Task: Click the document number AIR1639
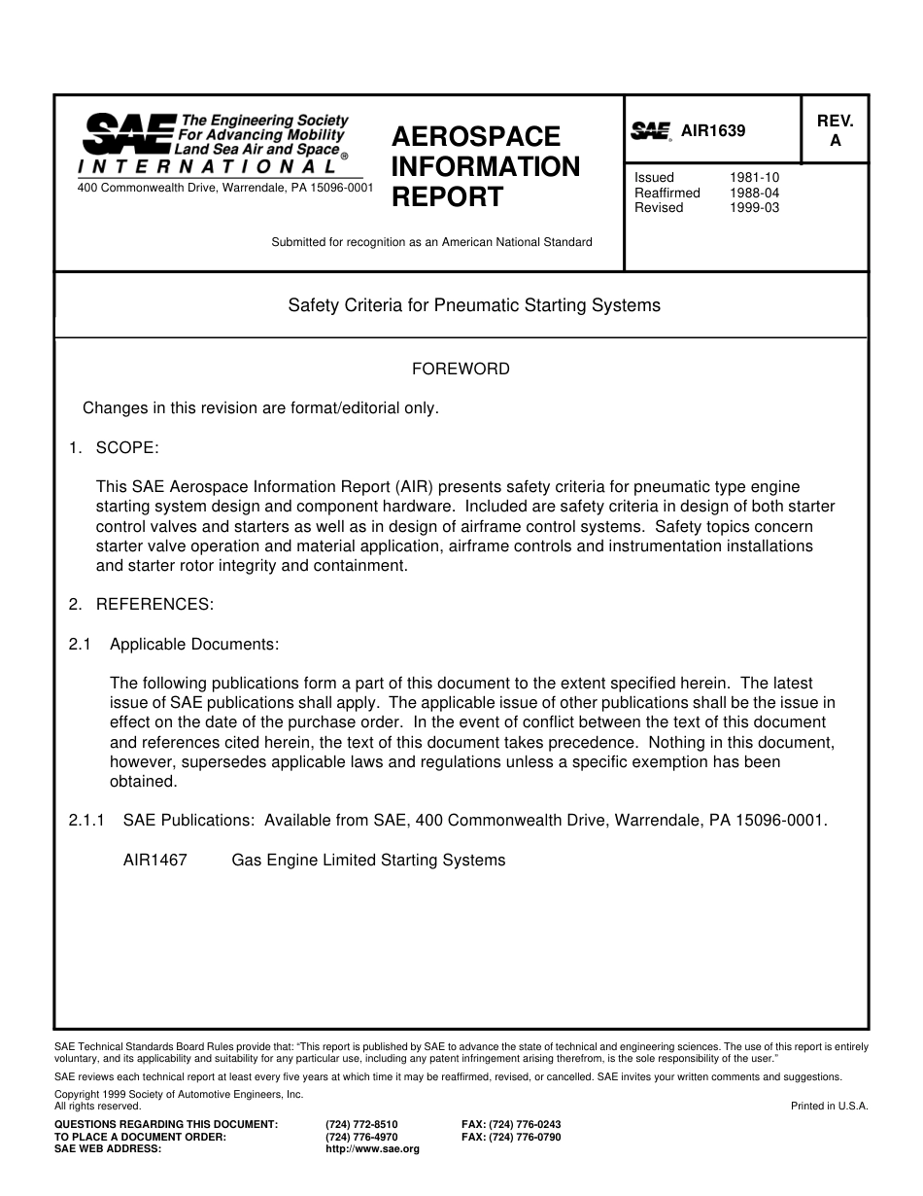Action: [713, 130]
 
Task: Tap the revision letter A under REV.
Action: [835, 141]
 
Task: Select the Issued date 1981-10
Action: [754, 178]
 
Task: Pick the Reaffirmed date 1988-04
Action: [754, 193]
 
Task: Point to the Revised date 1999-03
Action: [754, 207]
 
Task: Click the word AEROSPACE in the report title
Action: [476, 136]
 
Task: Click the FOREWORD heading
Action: [461, 369]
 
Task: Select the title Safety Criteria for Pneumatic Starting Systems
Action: [474, 305]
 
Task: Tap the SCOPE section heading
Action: [126, 447]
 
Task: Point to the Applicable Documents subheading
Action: [194, 644]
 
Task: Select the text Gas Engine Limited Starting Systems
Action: [368, 860]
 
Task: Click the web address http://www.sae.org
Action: [372, 1148]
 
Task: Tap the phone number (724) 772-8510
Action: [361, 1124]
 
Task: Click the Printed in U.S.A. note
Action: [829, 1106]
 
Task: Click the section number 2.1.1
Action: [87, 820]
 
